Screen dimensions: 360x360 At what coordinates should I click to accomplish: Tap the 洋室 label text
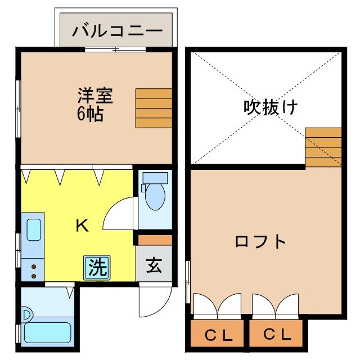tap(95, 95)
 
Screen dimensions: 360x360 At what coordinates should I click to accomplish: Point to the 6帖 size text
tap(89, 114)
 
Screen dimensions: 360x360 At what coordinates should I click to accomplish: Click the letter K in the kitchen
tap(82, 226)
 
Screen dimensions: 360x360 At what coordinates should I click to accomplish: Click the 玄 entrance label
tap(154, 265)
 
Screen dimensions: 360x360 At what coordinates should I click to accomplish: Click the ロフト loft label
tap(260, 242)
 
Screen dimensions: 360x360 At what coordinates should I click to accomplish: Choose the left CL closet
tap(218, 336)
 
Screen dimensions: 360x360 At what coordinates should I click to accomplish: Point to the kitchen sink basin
tap(33, 229)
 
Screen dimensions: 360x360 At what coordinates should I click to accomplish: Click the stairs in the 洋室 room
tap(154, 108)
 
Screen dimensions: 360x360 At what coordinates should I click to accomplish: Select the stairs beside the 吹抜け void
tap(323, 147)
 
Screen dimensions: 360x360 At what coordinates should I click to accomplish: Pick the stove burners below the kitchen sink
tap(34, 271)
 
